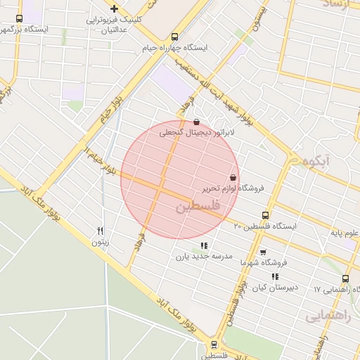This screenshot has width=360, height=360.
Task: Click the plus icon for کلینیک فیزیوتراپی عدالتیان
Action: (115, 8)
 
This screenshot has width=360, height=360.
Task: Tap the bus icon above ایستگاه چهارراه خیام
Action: (175, 37)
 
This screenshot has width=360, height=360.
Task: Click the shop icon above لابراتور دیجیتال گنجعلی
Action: (195, 121)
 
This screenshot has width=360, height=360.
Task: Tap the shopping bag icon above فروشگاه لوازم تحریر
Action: (233, 177)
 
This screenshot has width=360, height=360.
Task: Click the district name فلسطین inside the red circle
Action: (198, 207)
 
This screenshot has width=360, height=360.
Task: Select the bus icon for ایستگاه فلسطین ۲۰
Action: (264, 215)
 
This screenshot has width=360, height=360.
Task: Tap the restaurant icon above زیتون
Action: (101, 231)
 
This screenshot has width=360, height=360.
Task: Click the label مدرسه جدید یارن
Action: (204, 257)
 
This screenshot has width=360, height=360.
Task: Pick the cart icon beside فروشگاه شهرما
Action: (263, 252)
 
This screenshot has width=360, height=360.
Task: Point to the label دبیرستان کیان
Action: (274, 288)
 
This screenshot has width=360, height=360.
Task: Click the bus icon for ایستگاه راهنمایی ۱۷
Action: (345, 278)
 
